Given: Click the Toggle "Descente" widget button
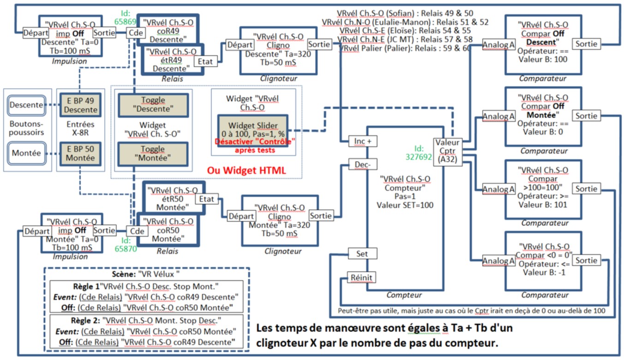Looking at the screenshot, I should pos(153,105).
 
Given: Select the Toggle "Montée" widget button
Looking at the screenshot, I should pos(153,154).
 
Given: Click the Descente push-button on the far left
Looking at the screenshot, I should pos(26,105).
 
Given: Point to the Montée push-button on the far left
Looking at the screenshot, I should pos(26,153).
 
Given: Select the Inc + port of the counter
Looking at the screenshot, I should pos(366,141).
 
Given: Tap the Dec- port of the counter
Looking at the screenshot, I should pos(366,164).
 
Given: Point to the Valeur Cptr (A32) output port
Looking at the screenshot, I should pos(447,150).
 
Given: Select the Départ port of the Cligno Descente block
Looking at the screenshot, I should pos(240,45).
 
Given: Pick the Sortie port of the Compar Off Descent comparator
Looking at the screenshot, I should pos(586,44).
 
